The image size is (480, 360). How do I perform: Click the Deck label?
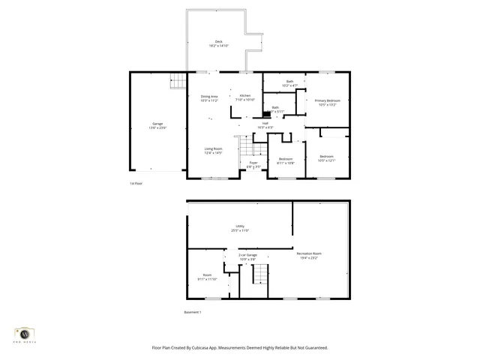tap(218, 41)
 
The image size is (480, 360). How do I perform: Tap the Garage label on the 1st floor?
tap(157, 123)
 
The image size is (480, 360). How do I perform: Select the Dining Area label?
tap(209, 96)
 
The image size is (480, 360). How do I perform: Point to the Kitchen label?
tap(245, 96)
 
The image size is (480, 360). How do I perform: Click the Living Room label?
tap(213, 148)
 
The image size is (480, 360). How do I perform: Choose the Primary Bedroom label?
tap(325, 100)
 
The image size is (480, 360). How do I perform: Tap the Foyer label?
tap(253, 162)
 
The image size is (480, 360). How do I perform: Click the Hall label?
tap(265, 124)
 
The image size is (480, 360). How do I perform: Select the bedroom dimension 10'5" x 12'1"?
tap(326, 160)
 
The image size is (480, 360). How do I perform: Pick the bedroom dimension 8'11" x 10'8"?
tap(286, 163)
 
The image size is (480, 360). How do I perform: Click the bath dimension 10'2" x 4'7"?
tap(289, 85)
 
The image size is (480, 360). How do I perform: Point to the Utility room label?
tap(240, 226)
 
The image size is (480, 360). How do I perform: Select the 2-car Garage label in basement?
tap(247, 255)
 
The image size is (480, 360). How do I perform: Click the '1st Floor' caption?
tap(136, 184)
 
